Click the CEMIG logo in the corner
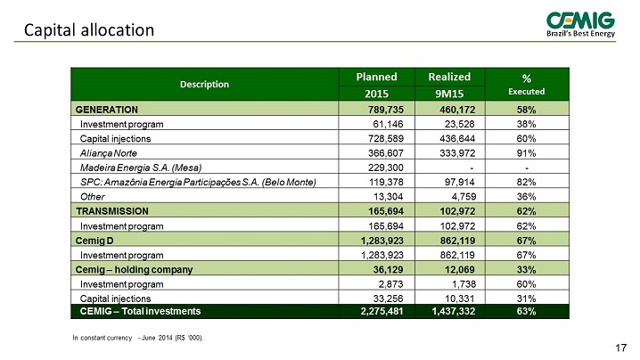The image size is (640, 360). coord(580,24)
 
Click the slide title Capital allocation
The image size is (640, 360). coord(89,30)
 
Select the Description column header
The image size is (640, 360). coord(204,84)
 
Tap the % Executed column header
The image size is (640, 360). coord(527,85)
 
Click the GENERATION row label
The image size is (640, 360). coord(107,110)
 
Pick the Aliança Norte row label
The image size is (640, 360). coord(109,153)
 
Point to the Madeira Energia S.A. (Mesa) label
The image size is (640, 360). coord(141,168)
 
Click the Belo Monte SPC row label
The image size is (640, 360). coord(198,182)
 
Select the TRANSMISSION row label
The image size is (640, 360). coord(112,211)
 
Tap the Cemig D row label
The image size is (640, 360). coord(94,241)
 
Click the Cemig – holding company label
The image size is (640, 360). coord(134,269)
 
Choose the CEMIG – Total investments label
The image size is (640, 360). coord(141,311)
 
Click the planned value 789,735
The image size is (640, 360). coord(386,110)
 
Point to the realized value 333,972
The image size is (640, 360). coord(457,153)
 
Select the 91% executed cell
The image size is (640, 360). coord(526,153)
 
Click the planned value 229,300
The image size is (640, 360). coord(386,168)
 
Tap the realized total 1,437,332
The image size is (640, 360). coord(454,311)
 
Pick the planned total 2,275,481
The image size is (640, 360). coord(382,311)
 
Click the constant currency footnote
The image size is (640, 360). coord(138,338)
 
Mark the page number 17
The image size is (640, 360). coord(620,348)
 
